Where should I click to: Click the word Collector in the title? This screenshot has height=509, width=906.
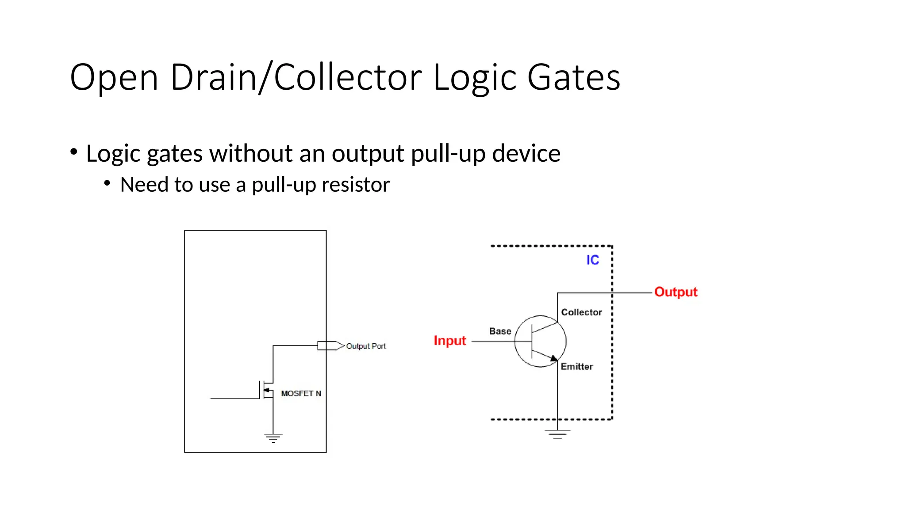pyautogui.click(x=348, y=77)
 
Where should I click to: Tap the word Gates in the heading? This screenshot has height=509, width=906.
pyautogui.click(x=573, y=77)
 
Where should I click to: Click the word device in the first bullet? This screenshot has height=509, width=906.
pyautogui.click(x=526, y=153)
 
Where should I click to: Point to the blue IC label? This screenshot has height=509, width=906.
pyautogui.click(x=592, y=260)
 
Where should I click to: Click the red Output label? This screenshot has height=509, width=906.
pyautogui.click(x=676, y=292)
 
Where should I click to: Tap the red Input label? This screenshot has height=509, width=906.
pyautogui.click(x=449, y=341)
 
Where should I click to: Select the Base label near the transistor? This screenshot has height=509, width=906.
pyautogui.click(x=500, y=331)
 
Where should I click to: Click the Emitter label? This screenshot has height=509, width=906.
pyautogui.click(x=576, y=367)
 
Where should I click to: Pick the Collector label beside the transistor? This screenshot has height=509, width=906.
pyautogui.click(x=581, y=312)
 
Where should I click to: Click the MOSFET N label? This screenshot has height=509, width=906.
pyautogui.click(x=301, y=394)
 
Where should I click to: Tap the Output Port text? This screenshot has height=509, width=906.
pyautogui.click(x=365, y=346)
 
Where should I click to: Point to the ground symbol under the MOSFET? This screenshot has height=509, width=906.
pyautogui.click(x=273, y=438)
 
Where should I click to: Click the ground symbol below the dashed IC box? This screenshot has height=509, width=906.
pyautogui.click(x=557, y=434)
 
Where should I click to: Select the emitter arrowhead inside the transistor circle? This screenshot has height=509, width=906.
pyautogui.click(x=553, y=358)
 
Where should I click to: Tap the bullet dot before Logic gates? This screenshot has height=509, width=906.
pyautogui.click(x=74, y=152)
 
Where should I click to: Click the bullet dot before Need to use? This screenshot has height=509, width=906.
pyautogui.click(x=107, y=183)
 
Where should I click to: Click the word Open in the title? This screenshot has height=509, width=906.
pyautogui.click(x=114, y=77)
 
